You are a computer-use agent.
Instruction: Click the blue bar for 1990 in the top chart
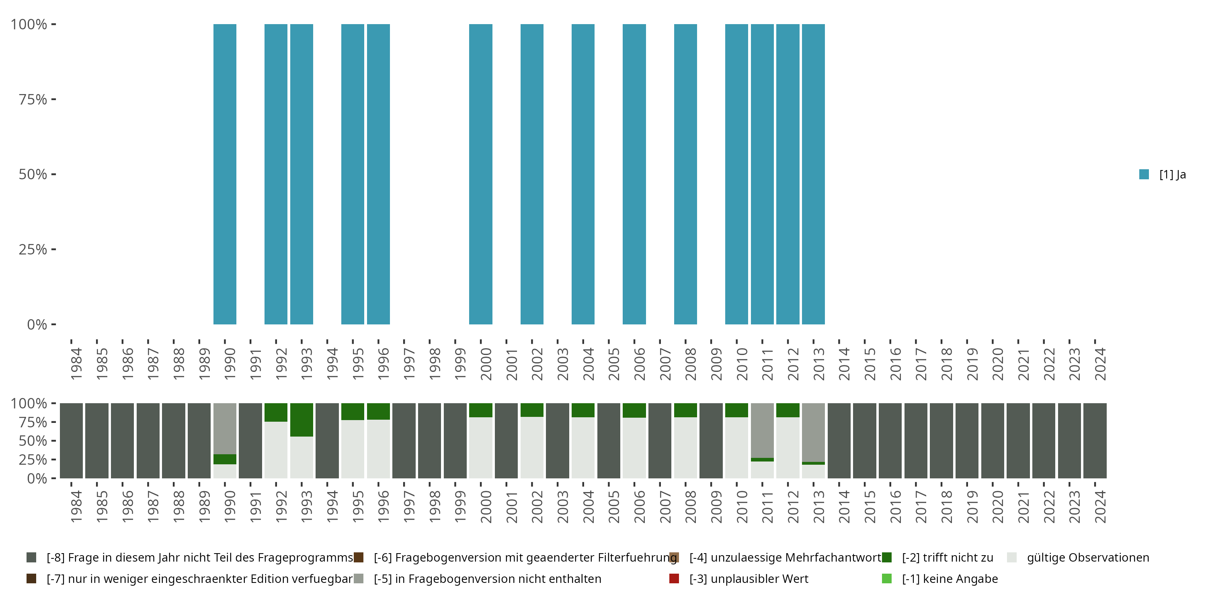pos(225,174)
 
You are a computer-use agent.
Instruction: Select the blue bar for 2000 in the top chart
pos(480,174)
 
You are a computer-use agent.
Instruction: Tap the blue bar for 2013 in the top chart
pos(813,174)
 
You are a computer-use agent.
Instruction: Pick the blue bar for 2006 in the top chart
pos(634,174)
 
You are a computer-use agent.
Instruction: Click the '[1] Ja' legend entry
pos(1163,174)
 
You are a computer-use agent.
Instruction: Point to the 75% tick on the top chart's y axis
pos(53,99)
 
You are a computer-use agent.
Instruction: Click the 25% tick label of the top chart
pos(33,250)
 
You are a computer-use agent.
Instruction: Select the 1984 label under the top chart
pos(76,364)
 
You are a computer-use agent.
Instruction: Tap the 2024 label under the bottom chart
pos(1100,507)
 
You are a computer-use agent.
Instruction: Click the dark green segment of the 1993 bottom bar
pos(301,419)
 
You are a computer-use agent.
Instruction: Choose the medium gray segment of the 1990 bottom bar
pos(225,429)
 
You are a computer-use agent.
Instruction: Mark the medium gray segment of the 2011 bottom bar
pos(762,430)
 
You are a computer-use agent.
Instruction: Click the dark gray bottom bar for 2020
pos(993,441)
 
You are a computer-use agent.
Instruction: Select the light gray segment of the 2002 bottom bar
pos(532,447)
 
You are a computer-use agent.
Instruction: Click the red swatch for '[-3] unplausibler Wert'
pos(674,578)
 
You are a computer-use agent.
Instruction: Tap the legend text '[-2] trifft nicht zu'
pos(947,558)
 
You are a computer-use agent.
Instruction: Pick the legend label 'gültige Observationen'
pos(1087,558)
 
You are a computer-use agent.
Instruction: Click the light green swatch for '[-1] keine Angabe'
pos(887,578)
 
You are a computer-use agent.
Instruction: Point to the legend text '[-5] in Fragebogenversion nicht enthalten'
pos(487,578)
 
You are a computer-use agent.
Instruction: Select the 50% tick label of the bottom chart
pos(33,441)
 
